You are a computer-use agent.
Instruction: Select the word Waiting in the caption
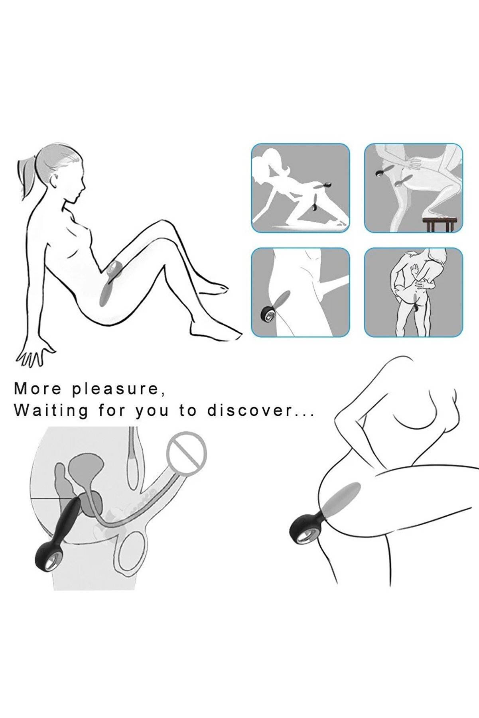point(51,410)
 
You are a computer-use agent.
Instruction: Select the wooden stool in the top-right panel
point(438,224)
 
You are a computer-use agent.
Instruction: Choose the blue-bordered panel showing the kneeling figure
point(300,188)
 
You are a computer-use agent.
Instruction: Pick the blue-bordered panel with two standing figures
point(414,292)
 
